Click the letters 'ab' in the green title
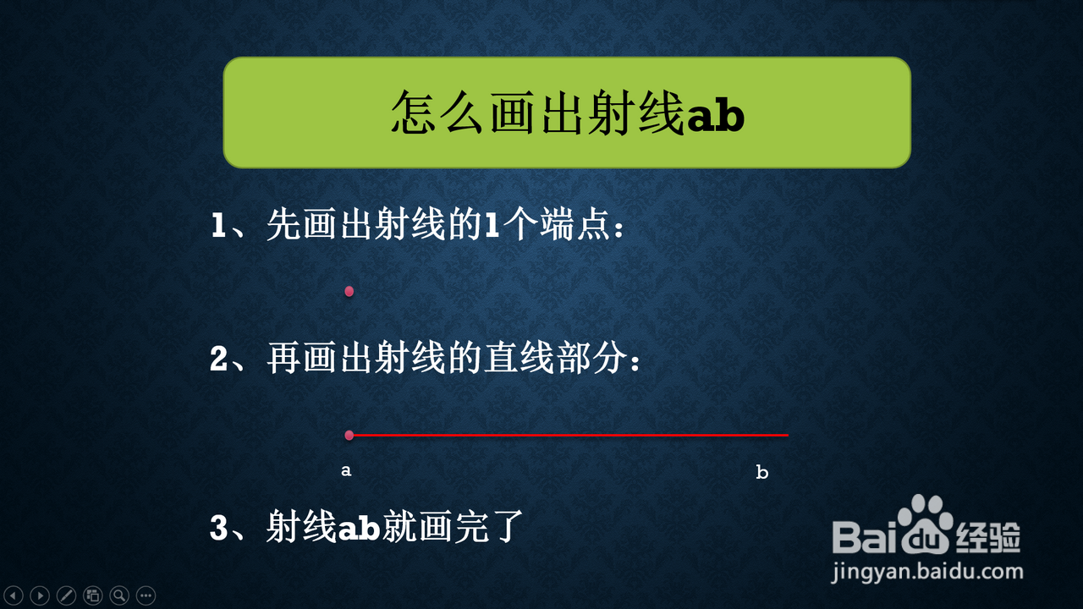[x=716, y=115]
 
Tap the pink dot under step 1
[x=349, y=291]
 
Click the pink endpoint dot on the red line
[x=349, y=435]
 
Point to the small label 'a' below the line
[x=346, y=470]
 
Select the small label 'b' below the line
[x=762, y=472]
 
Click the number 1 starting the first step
[x=218, y=225]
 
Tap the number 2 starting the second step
[x=219, y=359]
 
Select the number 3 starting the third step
[x=219, y=527]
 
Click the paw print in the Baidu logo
[x=925, y=524]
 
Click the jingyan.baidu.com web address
[x=927, y=573]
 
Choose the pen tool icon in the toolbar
[x=66, y=595]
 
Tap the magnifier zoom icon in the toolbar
[x=119, y=595]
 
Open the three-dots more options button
[x=146, y=595]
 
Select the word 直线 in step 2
[x=520, y=359]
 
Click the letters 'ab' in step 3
[x=359, y=528]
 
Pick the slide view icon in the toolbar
[x=93, y=595]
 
